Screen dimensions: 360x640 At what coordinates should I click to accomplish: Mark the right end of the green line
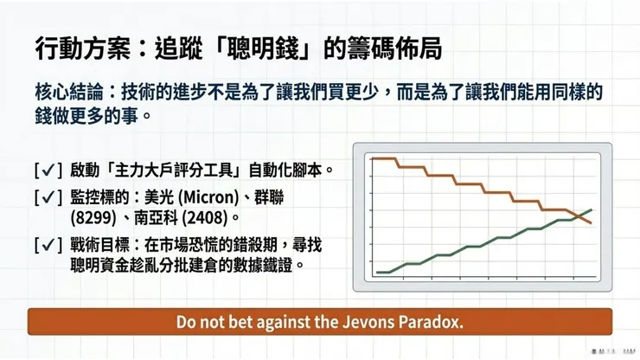[x=592, y=209]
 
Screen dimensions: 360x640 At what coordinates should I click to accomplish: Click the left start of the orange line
[x=371, y=158]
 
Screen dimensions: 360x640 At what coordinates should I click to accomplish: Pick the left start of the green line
[x=378, y=272]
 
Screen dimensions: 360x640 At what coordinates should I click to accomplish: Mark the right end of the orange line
[x=592, y=223]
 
